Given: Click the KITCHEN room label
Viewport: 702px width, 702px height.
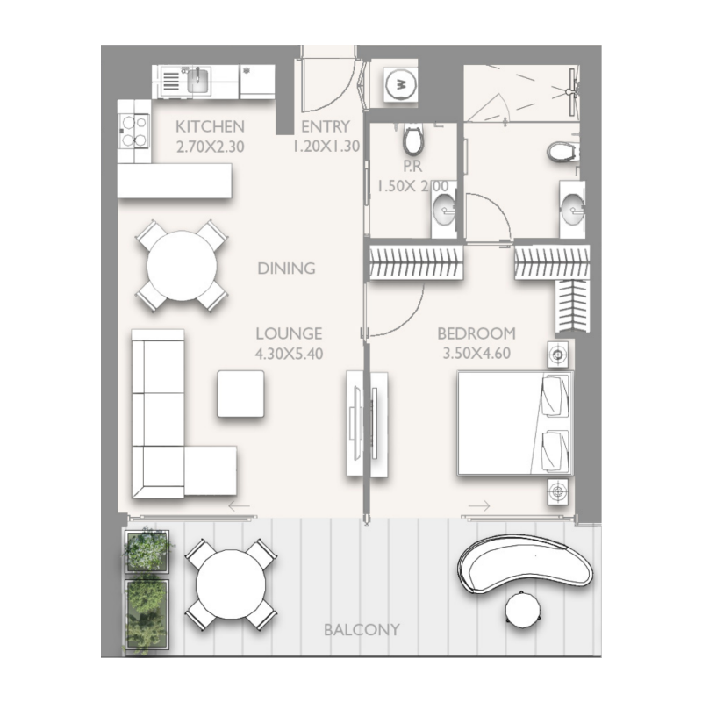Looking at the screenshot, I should [210, 126].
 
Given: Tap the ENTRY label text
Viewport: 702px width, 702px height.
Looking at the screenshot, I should [326, 126].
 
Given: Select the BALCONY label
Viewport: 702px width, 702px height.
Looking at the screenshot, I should [362, 629].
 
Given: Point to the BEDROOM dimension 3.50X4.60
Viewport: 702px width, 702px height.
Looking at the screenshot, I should [476, 354].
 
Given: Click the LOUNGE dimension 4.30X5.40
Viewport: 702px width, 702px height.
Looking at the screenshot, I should [289, 354].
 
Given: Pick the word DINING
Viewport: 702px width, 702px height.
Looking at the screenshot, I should [286, 269].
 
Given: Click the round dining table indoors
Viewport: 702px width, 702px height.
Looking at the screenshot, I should [182, 266].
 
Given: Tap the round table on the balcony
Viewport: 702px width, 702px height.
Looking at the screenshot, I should [231, 584].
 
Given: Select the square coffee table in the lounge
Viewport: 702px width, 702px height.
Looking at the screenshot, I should [240, 394].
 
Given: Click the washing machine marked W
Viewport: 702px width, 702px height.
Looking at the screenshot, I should [401, 85].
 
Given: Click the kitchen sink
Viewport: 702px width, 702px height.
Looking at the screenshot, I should [197, 81].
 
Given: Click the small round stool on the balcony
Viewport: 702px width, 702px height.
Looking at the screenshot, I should [525, 609].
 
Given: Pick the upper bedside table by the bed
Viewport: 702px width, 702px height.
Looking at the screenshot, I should [558, 355].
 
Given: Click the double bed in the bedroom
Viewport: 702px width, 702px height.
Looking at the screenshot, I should [514, 424].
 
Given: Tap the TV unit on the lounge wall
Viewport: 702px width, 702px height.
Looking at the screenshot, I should [367, 424].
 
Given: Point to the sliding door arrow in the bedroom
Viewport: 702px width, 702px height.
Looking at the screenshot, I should [479, 505].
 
